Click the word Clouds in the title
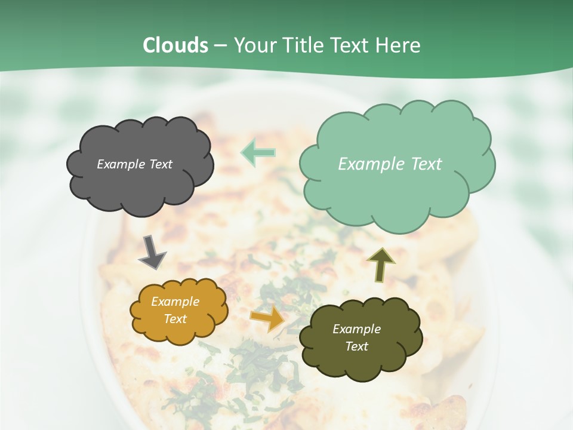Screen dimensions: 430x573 (x=175, y=45)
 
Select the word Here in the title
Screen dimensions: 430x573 (x=399, y=45)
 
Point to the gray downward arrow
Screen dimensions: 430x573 (x=152, y=251)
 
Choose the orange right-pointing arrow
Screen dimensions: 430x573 (x=267, y=319)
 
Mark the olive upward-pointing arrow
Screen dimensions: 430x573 (x=380, y=265)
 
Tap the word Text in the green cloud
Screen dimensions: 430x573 (x=424, y=164)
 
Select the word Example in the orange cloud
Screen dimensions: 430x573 (x=175, y=302)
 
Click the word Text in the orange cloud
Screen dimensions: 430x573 (x=175, y=319)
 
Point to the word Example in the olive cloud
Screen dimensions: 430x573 (x=356, y=329)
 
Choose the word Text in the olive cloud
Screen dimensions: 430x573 (x=356, y=346)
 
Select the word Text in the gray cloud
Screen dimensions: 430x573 (x=161, y=164)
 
